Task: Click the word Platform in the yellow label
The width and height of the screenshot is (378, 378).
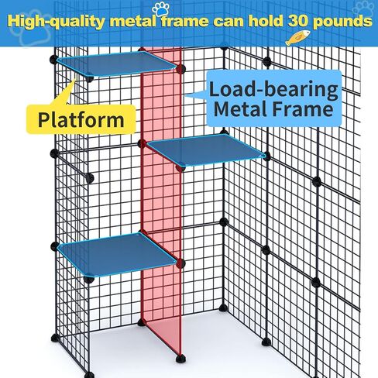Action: pos(81,121)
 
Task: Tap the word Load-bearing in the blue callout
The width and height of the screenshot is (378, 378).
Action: pos(273,89)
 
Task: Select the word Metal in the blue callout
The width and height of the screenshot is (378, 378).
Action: pos(240,109)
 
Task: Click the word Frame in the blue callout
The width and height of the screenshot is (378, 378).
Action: pos(303,109)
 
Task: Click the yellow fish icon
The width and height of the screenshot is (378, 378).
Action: pos(297,38)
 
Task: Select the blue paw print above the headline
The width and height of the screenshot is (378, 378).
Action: pos(160,9)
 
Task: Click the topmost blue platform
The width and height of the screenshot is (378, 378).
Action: pos(116,64)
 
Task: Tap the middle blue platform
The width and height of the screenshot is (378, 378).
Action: pos(206,149)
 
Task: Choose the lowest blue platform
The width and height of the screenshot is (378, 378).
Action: pos(117,254)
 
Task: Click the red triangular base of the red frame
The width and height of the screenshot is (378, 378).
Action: pos(162,336)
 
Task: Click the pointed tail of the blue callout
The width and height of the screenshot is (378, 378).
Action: pos(187,96)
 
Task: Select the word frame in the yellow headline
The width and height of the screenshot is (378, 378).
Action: pos(185,21)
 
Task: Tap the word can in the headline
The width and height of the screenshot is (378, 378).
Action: pos(229,22)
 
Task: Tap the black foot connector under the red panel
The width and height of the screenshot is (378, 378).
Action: pos(180,359)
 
